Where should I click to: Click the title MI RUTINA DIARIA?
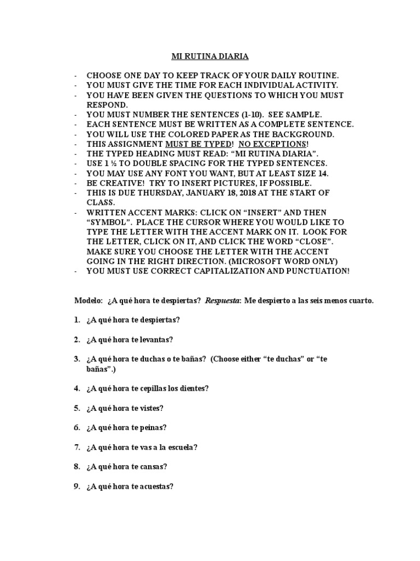pos(210,56)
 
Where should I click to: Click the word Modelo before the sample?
pos(87,301)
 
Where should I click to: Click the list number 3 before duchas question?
pos(77,359)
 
